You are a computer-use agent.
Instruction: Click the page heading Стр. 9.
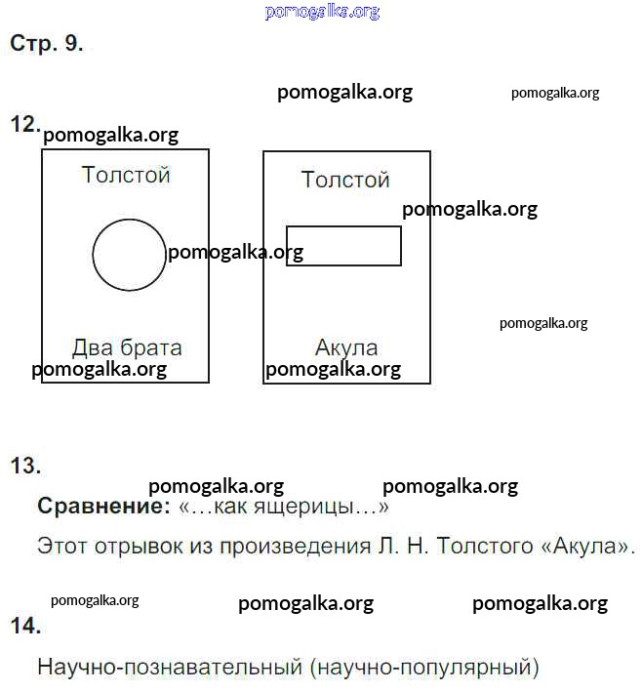click(x=46, y=43)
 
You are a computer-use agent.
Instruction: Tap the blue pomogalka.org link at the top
click(x=322, y=12)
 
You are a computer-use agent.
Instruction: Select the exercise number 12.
click(x=25, y=124)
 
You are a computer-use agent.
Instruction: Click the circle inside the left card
click(x=93, y=255)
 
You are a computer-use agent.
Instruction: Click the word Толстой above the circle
click(x=126, y=175)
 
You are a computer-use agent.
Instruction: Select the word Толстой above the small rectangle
click(x=345, y=180)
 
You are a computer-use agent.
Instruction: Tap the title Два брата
click(x=127, y=347)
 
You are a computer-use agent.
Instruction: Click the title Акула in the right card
click(x=346, y=347)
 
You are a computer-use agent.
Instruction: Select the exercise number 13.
click(x=25, y=466)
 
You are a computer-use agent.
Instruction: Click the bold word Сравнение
click(x=103, y=506)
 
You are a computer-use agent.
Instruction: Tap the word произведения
click(x=296, y=547)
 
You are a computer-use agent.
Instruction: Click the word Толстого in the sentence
click(x=485, y=546)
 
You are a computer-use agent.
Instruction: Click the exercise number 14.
click(x=25, y=626)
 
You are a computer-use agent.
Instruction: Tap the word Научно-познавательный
click(x=171, y=667)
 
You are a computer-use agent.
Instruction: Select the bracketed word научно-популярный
click(x=424, y=668)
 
